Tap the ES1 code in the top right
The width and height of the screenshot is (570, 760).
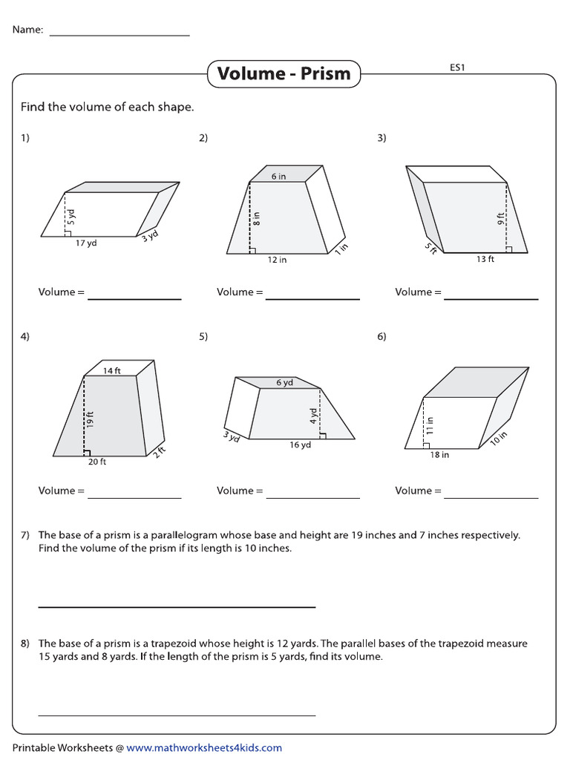[x=457, y=68]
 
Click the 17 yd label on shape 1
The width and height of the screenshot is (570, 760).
[x=86, y=243]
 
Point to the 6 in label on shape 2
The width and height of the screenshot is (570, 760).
[x=278, y=177]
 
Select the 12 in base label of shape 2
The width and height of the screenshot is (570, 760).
[x=278, y=260]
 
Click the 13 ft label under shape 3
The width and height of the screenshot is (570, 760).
[x=485, y=259]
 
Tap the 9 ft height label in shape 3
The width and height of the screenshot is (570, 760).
[x=501, y=219]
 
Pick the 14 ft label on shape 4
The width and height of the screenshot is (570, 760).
[x=111, y=371]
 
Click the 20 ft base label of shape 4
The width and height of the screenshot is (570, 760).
[x=97, y=462]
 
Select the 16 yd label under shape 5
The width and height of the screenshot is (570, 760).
[x=301, y=445]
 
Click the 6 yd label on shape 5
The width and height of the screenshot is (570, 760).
[x=284, y=383]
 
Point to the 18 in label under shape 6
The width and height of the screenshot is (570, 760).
[x=439, y=455]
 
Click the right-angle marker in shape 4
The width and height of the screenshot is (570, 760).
[x=87, y=451]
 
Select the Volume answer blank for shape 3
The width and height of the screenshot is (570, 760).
[x=491, y=298]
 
